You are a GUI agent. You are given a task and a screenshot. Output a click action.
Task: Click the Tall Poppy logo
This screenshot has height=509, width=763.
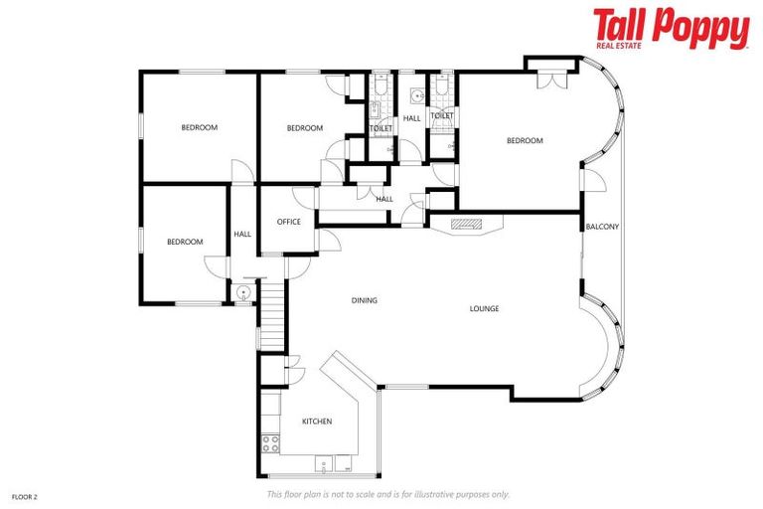[671, 28]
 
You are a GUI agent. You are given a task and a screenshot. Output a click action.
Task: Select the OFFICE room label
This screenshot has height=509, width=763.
[289, 222]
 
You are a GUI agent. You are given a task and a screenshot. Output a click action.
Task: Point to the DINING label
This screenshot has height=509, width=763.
[365, 300]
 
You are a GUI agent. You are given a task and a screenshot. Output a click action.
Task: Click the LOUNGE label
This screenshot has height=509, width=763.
[484, 308]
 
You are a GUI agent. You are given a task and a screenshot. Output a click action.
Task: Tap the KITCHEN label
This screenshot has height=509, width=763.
[317, 422]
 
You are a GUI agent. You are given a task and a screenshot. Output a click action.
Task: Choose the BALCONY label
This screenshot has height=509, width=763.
[602, 227]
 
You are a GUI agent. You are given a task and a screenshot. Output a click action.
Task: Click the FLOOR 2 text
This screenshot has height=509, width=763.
[25, 494]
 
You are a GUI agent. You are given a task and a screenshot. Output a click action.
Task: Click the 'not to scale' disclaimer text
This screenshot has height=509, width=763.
[387, 494]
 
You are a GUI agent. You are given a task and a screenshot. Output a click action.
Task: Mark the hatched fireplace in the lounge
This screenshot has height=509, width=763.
[467, 225]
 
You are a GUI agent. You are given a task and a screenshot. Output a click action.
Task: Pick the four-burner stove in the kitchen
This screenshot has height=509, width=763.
[270, 443]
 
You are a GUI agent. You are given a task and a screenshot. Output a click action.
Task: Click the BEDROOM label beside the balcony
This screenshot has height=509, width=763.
[525, 140]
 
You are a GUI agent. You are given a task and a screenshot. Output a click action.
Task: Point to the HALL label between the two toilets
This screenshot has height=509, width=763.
[411, 118]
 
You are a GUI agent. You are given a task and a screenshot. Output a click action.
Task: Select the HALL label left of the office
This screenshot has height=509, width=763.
[242, 235]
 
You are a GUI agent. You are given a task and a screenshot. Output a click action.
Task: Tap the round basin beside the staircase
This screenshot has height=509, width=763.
[243, 291]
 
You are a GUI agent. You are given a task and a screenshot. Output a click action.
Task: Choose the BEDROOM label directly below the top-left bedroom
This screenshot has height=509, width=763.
[184, 242]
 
